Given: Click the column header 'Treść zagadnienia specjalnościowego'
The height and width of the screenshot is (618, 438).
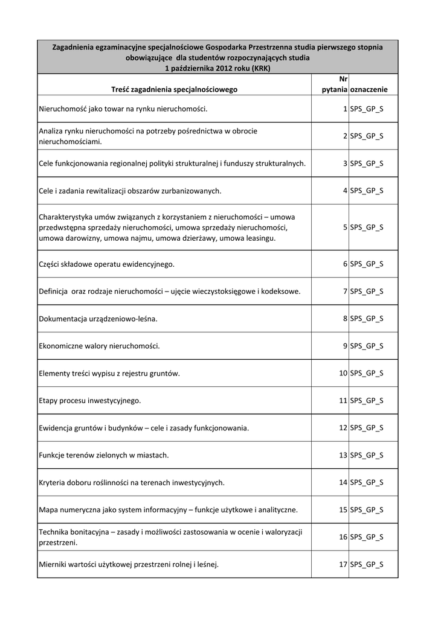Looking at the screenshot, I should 175,89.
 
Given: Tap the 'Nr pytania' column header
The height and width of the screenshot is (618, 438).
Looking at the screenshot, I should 334,84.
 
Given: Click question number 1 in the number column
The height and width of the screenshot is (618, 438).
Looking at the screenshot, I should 344,109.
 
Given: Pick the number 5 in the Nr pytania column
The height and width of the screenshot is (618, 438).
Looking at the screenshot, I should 344,228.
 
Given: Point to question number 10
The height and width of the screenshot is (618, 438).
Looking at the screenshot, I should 343,374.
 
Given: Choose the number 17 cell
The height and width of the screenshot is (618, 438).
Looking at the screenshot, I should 343,565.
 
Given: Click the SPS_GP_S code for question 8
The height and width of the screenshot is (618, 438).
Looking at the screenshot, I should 366,319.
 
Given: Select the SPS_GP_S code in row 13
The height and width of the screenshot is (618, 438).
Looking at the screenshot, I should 366,455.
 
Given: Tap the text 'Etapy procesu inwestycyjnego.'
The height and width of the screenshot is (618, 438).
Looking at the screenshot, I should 89,401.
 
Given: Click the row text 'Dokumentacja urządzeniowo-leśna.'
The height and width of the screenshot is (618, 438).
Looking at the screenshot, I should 98,319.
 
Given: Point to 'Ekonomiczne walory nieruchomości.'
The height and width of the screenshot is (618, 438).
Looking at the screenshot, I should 99,346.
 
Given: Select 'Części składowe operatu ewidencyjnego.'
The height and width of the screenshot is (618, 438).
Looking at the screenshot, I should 106,264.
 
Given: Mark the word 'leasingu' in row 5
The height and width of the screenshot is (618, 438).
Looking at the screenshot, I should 259,238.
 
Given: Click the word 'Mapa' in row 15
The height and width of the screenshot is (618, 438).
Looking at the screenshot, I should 49,510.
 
